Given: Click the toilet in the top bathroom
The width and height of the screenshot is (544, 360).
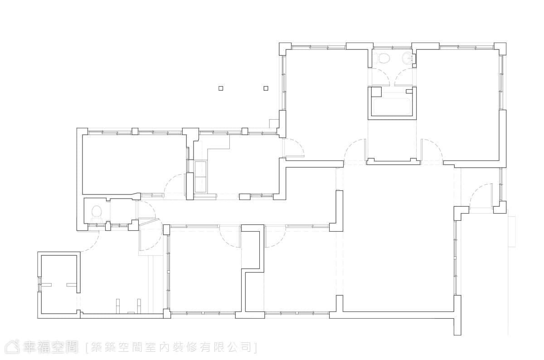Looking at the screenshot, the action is (x=382, y=57).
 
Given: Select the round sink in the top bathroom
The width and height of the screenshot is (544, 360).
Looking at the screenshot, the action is (x=408, y=58).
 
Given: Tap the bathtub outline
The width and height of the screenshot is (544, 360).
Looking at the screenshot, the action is (x=392, y=107).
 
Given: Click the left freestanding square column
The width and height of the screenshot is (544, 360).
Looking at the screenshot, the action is (x=220, y=88).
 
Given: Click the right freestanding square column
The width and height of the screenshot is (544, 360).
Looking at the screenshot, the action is (x=266, y=88).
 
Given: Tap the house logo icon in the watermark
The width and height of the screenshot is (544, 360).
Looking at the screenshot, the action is (x=12, y=347).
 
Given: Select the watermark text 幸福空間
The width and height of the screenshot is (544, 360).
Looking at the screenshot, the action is (x=50, y=347).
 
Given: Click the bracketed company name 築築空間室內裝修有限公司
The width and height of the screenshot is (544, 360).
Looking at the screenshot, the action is (x=171, y=347).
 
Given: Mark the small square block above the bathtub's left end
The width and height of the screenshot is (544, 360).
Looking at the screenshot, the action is (x=376, y=91).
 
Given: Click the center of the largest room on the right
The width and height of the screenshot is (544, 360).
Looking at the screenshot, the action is (x=398, y=238).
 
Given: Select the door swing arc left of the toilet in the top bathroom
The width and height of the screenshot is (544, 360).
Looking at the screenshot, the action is (x=380, y=77).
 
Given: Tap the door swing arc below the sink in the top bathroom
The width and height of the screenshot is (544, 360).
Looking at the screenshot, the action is (x=404, y=77).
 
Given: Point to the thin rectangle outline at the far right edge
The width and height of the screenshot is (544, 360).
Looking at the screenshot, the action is (x=512, y=232).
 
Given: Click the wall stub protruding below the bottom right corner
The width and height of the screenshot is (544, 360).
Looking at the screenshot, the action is (x=457, y=326).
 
